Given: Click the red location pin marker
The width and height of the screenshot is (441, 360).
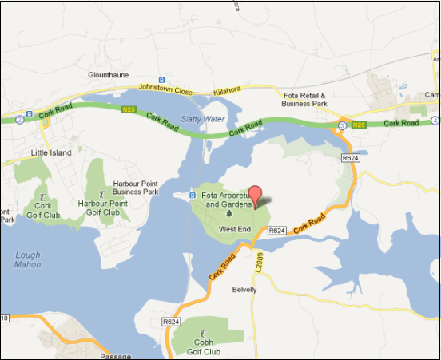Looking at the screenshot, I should pos(255,194).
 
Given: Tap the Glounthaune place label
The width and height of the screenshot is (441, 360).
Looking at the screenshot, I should pos(108,75).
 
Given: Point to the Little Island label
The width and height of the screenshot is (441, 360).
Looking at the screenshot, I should pos(50,152).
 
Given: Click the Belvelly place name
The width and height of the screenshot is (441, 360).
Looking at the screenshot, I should pos(244,289).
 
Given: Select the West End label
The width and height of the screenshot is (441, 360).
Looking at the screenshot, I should pos(235,230).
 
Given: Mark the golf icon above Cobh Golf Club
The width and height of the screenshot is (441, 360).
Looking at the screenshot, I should pos(202,333).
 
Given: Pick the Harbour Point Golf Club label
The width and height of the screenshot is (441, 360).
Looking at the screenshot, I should pos(101,208).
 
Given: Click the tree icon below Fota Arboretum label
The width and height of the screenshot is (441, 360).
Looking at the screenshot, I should pos(230,214).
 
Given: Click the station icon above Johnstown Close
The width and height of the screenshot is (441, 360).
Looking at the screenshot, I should pos(161,79).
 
